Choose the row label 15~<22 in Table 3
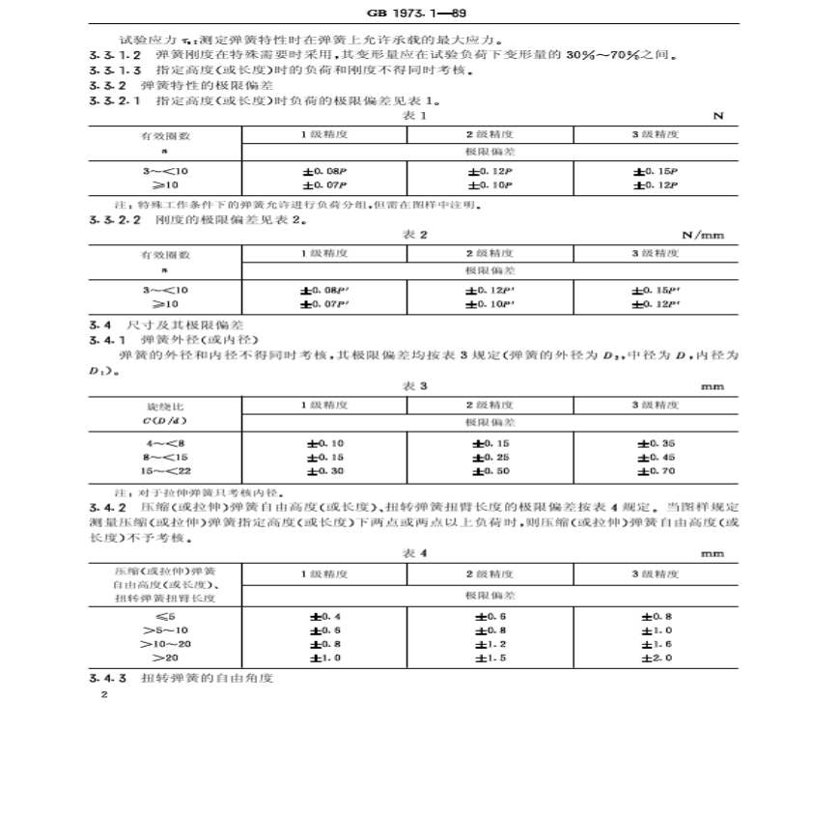(x=163, y=471)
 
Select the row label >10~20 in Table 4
(x=165, y=643)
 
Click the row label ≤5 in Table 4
(x=165, y=615)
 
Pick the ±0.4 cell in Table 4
(x=324, y=615)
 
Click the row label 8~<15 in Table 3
(x=163, y=457)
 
